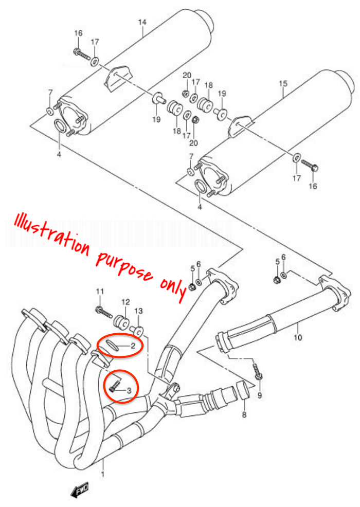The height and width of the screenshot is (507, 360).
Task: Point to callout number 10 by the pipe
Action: point(298,338)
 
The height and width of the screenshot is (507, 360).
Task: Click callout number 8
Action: point(244,414)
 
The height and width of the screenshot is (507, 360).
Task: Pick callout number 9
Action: point(259,395)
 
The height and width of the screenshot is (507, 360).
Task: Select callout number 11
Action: point(100,292)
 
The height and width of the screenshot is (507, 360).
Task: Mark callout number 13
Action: point(138,311)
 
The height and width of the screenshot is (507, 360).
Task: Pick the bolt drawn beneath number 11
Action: point(103,311)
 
